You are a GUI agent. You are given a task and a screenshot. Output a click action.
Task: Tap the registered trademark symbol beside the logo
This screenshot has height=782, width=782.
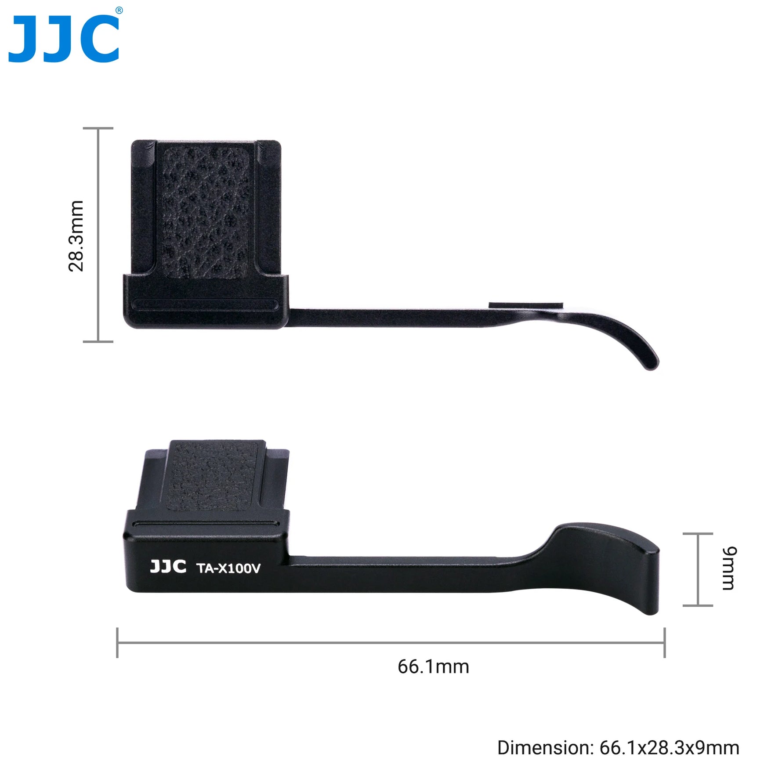[x=119, y=11]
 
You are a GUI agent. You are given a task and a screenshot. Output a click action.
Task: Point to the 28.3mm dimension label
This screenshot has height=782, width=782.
[x=76, y=235]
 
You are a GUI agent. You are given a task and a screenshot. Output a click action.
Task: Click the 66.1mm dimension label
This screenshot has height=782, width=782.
[x=433, y=666]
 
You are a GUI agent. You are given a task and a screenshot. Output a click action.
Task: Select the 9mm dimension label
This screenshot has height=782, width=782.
[x=729, y=568]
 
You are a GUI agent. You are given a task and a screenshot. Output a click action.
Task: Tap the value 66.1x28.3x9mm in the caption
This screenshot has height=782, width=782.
[x=669, y=748]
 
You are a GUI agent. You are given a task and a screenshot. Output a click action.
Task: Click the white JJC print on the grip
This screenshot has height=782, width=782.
[x=168, y=567]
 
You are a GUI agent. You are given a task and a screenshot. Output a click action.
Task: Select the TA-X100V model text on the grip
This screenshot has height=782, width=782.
[x=228, y=568]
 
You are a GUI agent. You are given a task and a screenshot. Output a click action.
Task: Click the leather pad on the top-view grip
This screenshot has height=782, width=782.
[x=206, y=213]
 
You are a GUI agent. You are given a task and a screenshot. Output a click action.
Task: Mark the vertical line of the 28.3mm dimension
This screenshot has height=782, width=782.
[x=98, y=235]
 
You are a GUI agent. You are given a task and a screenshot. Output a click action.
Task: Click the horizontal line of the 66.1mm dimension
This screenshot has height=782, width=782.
[x=391, y=643]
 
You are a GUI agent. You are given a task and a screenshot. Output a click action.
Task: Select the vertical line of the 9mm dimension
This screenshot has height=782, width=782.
[x=698, y=569]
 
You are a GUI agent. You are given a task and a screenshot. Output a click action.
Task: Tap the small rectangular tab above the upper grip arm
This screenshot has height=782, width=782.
[x=526, y=305]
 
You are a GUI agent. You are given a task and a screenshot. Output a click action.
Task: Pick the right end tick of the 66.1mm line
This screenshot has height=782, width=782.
[x=664, y=643]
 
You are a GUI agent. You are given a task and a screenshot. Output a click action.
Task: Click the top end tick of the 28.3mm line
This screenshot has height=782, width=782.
[x=98, y=128]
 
